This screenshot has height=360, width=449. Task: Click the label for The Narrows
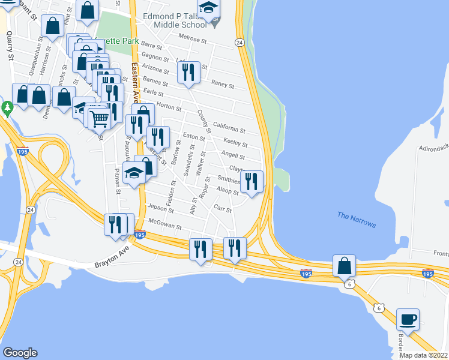tap(357, 220)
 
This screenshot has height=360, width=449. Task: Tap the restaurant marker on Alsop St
tap(252, 181)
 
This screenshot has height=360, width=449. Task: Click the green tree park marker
tap(7, 109)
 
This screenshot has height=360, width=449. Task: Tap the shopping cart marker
tap(100, 118)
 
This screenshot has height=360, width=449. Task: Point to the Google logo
tap(20, 353)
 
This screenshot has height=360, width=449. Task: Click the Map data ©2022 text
tap(424, 355)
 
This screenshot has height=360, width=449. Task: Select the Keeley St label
tap(235, 143)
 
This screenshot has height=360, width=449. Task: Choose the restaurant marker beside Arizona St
tap(188, 72)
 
